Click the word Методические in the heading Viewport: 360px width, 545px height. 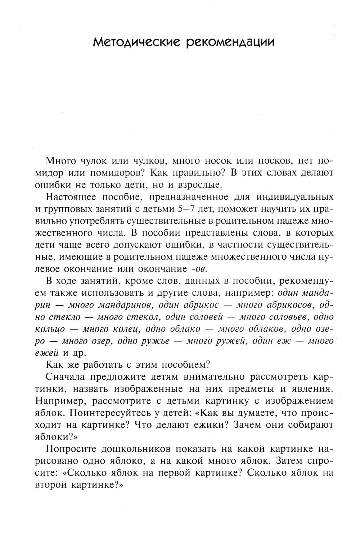[x=136, y=42]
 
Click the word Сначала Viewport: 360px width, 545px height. [x=66, y=377]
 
